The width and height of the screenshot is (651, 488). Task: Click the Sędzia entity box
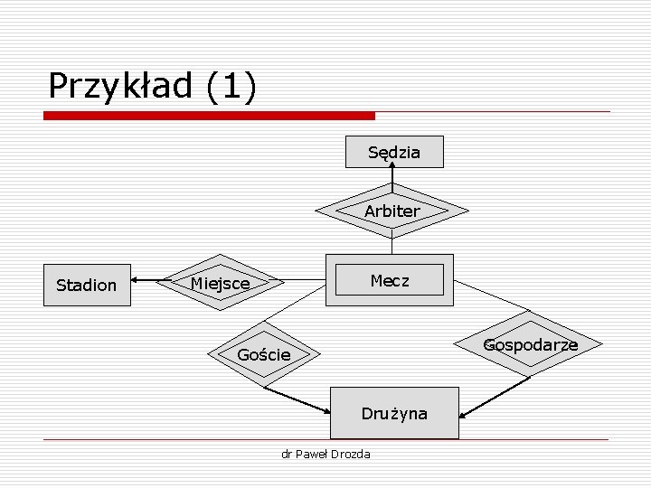pos(395,152)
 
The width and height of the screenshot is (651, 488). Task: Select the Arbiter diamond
pos(392,211)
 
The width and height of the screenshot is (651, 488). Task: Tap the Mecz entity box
pos(390,280)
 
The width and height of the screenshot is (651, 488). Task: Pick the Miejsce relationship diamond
pos(220,284)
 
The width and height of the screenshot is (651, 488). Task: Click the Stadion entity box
pos(86,285)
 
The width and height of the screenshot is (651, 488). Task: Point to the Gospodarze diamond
pos(530,344)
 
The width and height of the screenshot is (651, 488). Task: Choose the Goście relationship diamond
pos(264,354)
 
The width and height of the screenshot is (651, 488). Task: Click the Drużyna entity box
pos(395,413)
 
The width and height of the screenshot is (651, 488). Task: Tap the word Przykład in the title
pos(121,87)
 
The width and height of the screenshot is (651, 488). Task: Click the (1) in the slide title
pos(231,87)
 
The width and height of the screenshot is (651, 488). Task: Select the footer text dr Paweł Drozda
pos(325,454)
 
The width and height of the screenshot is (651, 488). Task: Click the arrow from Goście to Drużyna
pos(298,401)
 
